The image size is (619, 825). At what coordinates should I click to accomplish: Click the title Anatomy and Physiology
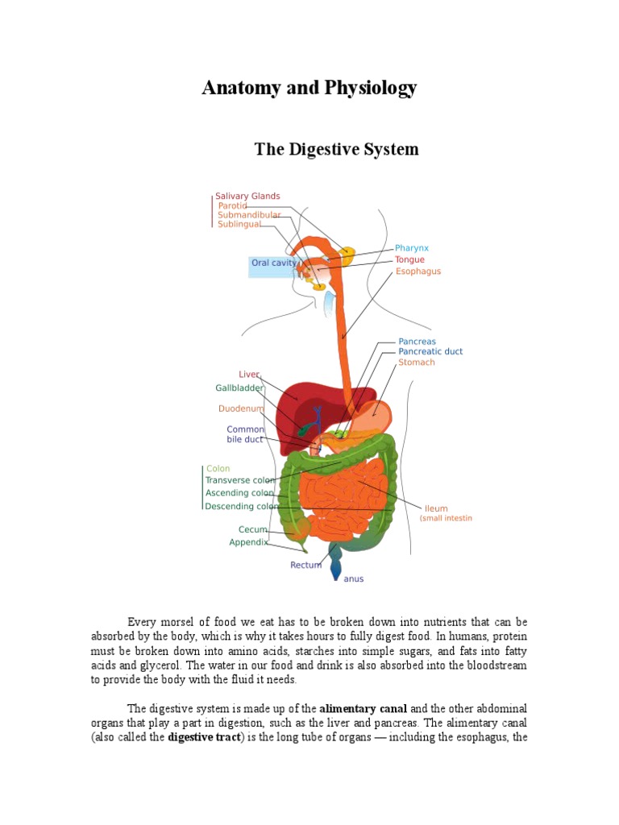tap(309, 88)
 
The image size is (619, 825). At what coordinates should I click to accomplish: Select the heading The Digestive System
tap(336, 150)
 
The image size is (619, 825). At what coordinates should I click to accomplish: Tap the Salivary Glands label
tap(247, 196)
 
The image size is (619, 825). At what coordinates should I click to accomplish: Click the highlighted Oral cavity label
tap(274, 263)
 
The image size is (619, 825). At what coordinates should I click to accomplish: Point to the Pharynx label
tap(412, 248)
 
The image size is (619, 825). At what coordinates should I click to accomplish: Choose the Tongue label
tap(409, 260)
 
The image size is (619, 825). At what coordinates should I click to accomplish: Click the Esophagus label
tap(418, 272)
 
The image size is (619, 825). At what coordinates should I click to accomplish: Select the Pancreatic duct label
tap(430, 352)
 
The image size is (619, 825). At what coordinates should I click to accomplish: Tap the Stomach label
tap(416, 363)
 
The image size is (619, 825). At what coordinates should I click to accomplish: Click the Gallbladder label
tap(239, 388)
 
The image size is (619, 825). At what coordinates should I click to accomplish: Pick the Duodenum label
tap(241, 409)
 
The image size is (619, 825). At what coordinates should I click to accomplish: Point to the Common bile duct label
tap(245, 435)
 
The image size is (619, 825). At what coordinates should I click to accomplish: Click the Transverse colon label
tap(240, 481)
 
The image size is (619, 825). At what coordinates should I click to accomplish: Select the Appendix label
tap(248, 543)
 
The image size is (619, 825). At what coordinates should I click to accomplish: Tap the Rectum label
tap(305, 566)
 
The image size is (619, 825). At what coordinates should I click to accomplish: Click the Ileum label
tap(436, 509)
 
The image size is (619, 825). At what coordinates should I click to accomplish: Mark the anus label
tap(354, 579)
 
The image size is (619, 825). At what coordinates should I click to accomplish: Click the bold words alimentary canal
tap(359, 709)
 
